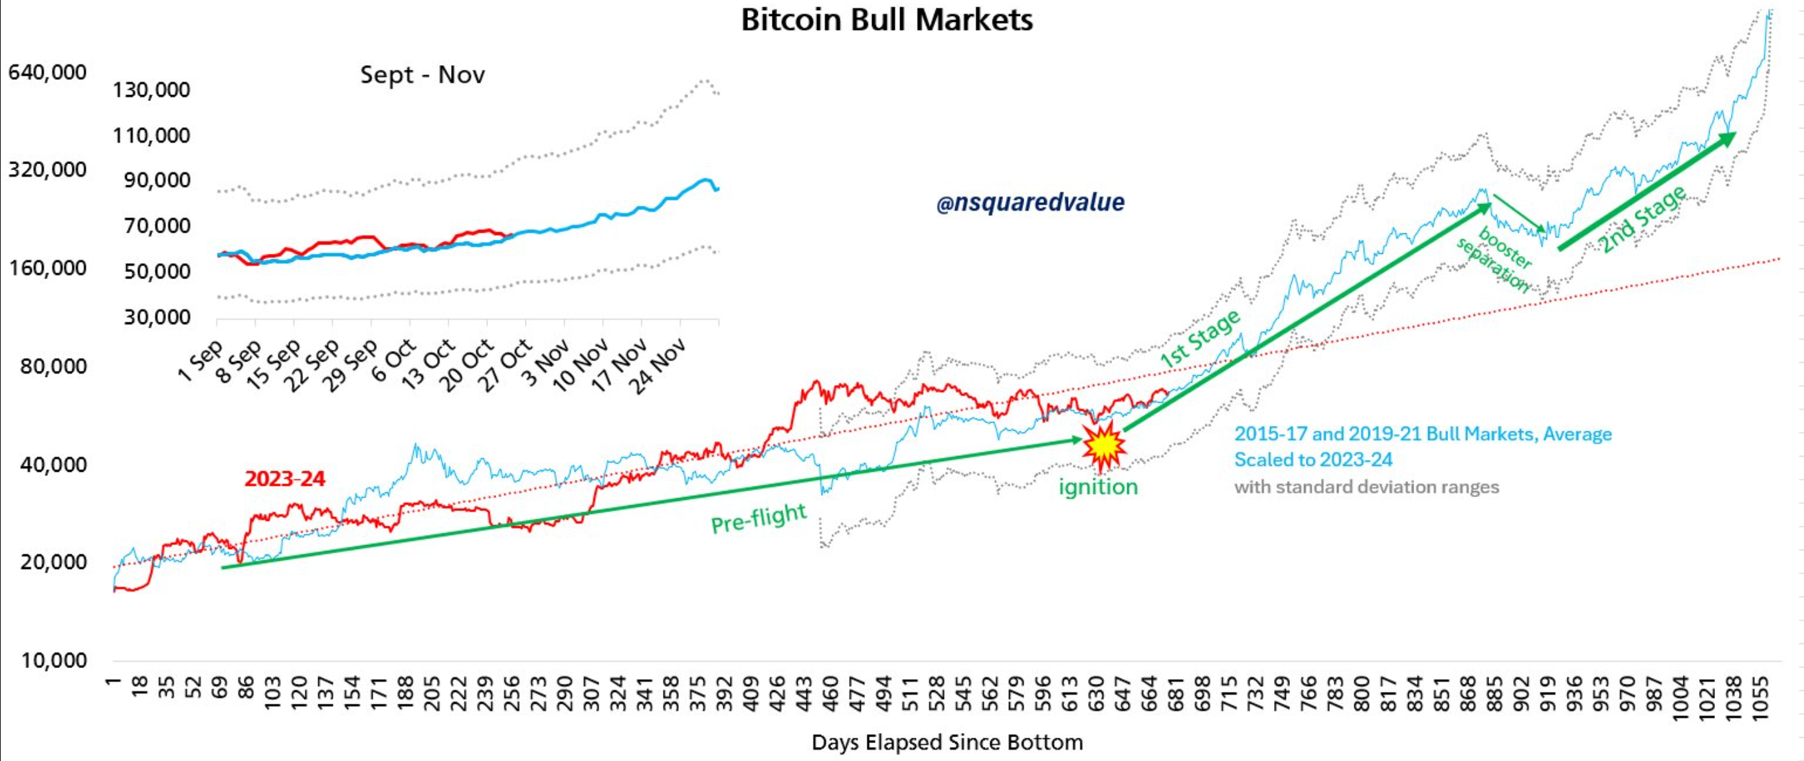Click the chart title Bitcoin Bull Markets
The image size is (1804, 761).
(887, 20)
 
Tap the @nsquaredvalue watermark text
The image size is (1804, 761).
(1030, 203)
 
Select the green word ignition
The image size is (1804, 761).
(1097, 487)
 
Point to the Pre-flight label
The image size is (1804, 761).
(759, 518)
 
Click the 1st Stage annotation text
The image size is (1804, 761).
(1200, 338)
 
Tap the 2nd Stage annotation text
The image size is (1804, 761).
(1642, 219)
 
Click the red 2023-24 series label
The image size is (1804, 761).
(284, 479)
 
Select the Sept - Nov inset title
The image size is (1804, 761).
(422, 74)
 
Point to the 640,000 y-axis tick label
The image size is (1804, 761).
(47, 72)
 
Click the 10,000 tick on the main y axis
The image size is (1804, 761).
(53, 660)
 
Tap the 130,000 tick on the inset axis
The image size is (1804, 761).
(151, 90)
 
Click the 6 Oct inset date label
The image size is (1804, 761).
(394, 360)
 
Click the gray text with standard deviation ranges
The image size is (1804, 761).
(1366, 487)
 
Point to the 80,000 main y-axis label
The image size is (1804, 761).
(53, 366)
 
